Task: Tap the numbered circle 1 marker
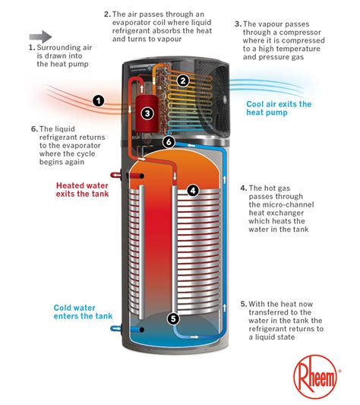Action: [x=98, y=100]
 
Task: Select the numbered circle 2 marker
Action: [x=183, y=80]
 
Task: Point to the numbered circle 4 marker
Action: [x=193, y=191]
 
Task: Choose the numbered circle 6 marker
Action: [x=169, y=141]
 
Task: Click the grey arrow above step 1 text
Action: [x=41, y=35]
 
